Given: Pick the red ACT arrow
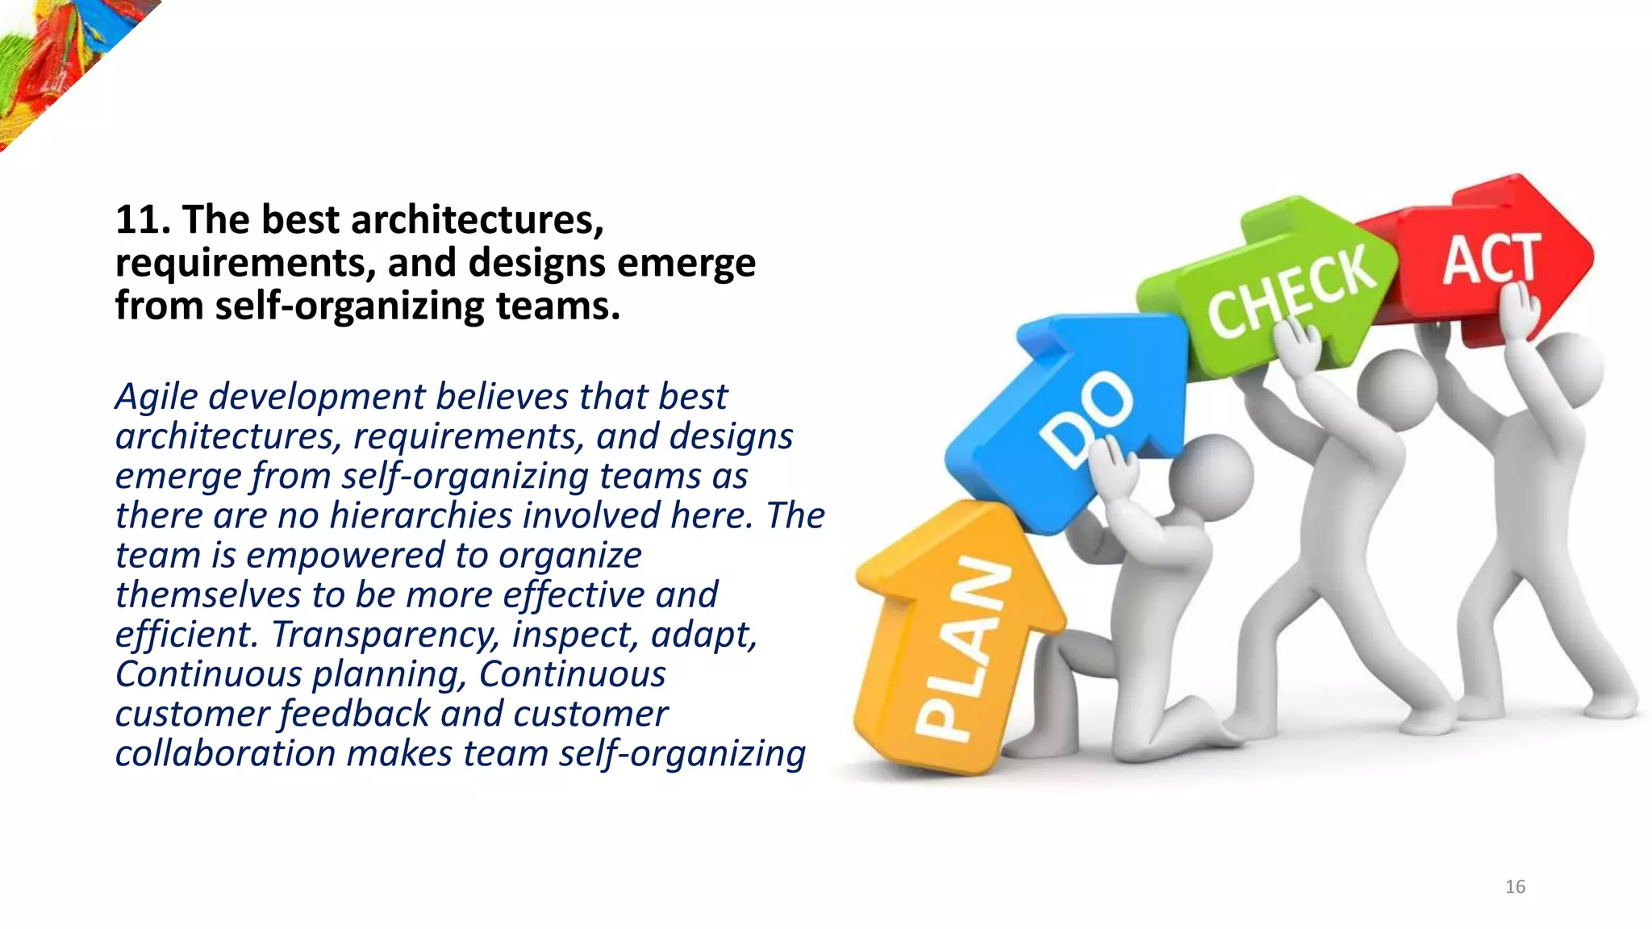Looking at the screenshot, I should coord(1492,258).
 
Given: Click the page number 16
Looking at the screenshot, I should coord(1515,887).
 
